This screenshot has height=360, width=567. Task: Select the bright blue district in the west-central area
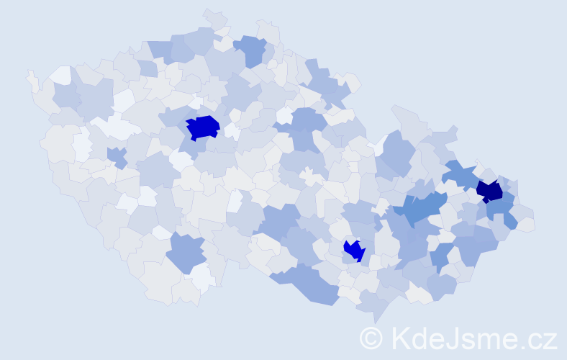[202, 127]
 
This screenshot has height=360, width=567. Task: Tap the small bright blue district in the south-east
[354, 251]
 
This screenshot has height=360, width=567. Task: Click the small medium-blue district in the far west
[115, 156]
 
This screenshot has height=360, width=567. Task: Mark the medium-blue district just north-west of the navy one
[461, 174]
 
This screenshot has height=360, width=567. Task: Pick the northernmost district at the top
[214, 17]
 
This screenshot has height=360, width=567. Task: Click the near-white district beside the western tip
[60, 74]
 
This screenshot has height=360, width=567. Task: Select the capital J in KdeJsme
[455, 337]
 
